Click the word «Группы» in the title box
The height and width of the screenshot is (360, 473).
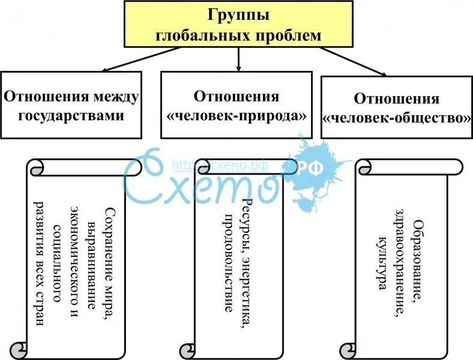[239, 14]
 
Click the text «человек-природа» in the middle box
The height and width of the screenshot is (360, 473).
[237, 115]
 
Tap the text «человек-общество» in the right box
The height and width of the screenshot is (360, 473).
[397, 118]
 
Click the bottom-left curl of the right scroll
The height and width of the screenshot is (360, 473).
[347, 350]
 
